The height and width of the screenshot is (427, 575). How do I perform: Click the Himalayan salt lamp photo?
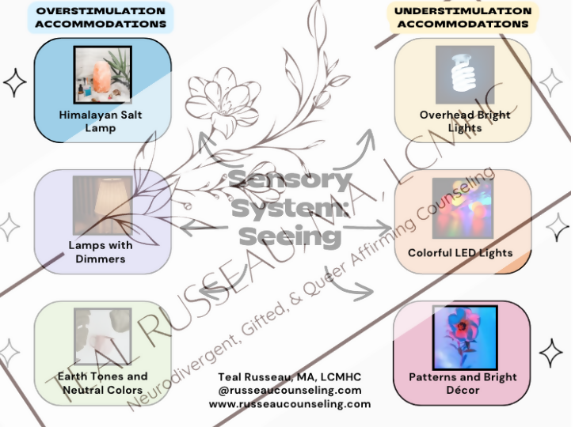[103, 75]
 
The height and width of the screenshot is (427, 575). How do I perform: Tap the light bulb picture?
[464, 75]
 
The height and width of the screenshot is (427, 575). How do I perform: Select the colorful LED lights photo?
[464, 208]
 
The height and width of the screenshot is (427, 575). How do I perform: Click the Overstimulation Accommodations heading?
[101, 17]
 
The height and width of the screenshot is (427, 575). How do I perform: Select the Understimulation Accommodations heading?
[463, 17]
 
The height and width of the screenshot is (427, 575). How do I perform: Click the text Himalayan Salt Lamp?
[101, 121]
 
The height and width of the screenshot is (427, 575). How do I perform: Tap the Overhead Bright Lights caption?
[464, 121]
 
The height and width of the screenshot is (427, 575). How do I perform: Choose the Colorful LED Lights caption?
[460, 253]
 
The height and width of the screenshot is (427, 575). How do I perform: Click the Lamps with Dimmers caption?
[101, 251]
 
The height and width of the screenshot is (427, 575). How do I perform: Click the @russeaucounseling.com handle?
[290, 390]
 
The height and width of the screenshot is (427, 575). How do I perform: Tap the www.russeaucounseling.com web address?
[290, 403]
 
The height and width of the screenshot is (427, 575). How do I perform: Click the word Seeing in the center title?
[290, 236]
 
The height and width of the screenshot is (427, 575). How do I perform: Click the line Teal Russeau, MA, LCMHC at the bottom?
[290, 376]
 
